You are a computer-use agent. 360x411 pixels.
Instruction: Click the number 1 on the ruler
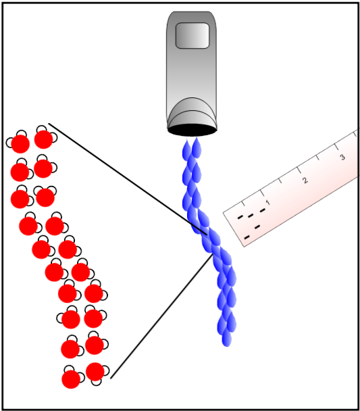(x=267, y=203)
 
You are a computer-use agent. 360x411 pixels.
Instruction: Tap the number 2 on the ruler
(x=305, y=180)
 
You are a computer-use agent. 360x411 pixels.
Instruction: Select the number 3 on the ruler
(x=342, y=157)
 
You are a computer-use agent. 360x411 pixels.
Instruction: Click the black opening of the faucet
(x=192, y=130)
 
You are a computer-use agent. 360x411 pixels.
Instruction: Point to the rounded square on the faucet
(x=192, y=36)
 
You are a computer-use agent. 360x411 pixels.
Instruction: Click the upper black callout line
(x=128, y=179)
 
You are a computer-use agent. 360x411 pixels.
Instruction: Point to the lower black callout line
(x=161, y=316)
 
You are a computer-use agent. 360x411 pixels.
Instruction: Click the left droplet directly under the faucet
(x=186, y=149)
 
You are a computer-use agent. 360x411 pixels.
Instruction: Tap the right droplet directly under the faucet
(x=197, y=148)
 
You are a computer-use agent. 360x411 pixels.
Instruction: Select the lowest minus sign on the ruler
(x=247, y=237)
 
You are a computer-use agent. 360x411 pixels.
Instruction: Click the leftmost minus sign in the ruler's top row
(x=240, y=217)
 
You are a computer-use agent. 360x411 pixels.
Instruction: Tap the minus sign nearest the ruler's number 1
(x=263, y=210)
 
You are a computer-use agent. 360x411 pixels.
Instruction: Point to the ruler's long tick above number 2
(x=299, y=170)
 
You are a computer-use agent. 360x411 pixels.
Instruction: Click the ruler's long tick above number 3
(x=337, y=147)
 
